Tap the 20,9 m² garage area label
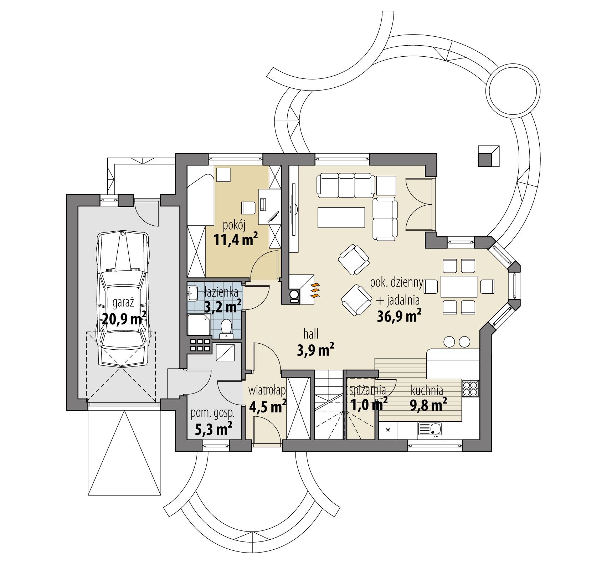click(124, 318)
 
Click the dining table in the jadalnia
click(459, 286)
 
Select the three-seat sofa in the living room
click(346, 185)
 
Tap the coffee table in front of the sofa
click(341, 217)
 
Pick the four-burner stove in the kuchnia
click(470, 388)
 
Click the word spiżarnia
click(367, 390)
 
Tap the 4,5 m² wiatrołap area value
click(267, 406)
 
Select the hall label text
click(311, 334)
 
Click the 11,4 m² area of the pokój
click(235, 240)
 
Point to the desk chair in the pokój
click(248, 207)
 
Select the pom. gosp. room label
click(213, 413)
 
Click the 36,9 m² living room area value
click(399, 316)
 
